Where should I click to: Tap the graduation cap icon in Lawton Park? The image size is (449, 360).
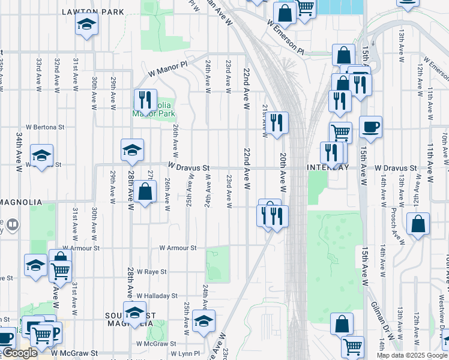point(86,25)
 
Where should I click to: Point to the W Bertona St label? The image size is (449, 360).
point(45,127)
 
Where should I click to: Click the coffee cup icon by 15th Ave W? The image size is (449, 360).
point(370,127)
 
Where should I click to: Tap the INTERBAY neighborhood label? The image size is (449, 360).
point(328,168)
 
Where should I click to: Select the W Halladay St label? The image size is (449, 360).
point(157,296)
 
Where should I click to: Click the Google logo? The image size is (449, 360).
point(20,353)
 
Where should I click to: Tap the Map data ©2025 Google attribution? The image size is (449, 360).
point(411,355)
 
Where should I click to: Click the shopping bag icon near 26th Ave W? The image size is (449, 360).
point(145,193)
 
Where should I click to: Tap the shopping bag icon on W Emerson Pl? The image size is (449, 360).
point(285,13)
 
